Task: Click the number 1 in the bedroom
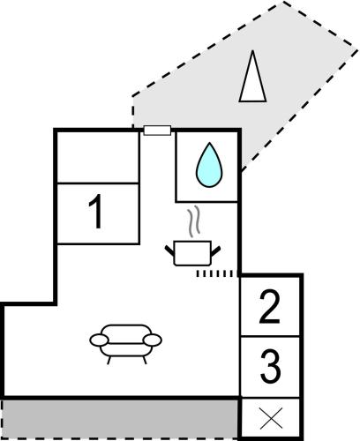click(x=95, y=211)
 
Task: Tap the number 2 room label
click(x=270, y=307)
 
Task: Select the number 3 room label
click(x=270, y=366)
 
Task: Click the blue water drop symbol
click(x=209, y=166)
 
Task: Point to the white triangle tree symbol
click(x=252, y=76)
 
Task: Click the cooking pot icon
click(x=192, y=253)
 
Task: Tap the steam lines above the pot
click(x=194, y=221)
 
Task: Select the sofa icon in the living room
click(x=125, y=344)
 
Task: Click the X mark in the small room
click(x=271, y=418)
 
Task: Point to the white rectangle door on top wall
click(x=157, y=131)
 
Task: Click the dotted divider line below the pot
click(x=216, y=273)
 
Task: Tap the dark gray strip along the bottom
click(x=120, y=419)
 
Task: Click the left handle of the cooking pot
click(x=169, y=250)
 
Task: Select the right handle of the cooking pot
click(x=215, y=250)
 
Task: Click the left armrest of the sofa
click(x=99, y=340)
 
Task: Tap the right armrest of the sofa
click(x=153, y=340)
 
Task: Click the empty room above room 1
click(x=98, y=157)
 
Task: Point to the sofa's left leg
click(x=109, y=360)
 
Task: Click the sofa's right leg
click(x=145, y=360)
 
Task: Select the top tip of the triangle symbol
click(x=252, y=50)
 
